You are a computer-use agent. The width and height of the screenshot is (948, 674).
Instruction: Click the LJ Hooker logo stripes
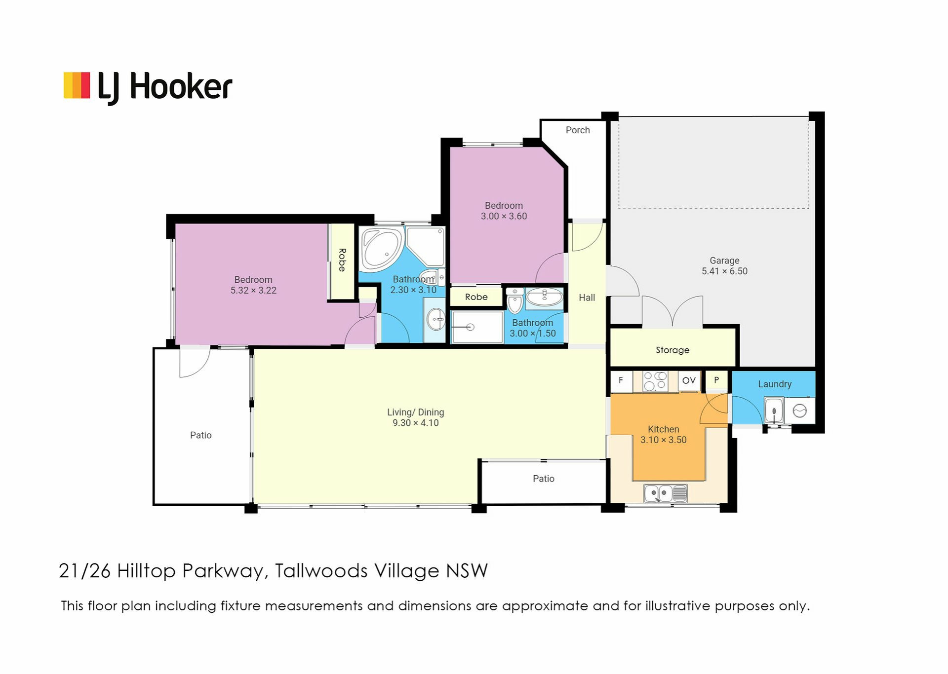pyautogui.click(x=77, y=85)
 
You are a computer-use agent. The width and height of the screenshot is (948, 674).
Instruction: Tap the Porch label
pyautogui.click(x=577, y=130)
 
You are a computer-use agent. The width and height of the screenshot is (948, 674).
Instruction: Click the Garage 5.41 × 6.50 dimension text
pyautogui.click(x=724, y=271)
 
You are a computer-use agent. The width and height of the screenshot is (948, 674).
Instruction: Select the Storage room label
pyautogui.click(x=672, y=350)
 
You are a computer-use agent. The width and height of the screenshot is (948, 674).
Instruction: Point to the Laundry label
pyautogui.click(x=774, y=384)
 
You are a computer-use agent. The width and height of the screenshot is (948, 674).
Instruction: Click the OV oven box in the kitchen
pyautogui.click(x=689, y=381)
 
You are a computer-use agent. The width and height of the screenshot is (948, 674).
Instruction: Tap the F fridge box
pyautogui.click(x=621, y=380)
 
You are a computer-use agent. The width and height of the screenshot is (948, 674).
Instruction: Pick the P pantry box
pyautogui.click(x=716, y=380)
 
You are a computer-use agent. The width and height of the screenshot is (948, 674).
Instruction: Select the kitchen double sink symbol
pyautogui.click(x=665, y=493)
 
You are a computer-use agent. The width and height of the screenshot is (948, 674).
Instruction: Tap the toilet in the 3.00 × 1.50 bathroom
pyautogui.click(x=514, y=301)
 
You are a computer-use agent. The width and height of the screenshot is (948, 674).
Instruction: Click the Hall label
pyautogui.click(x=587, y=298)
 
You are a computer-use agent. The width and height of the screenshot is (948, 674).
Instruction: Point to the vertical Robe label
pyautogui.click(x=342, y=260)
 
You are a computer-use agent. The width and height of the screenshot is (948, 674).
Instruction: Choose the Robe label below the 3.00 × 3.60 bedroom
pyautogui.click(x=476, y=297)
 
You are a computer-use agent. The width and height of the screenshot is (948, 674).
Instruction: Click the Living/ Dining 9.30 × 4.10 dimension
pyautogui.click(x=415, y=423)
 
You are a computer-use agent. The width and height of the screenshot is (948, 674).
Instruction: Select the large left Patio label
pyautogui.click(x=200, y=435)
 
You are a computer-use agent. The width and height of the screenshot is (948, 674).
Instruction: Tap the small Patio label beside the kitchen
pyautogui.click(x=543, y=479)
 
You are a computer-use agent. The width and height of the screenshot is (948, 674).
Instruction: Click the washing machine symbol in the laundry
pyautogui.click(x=799, y=411)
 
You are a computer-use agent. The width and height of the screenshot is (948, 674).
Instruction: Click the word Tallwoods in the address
pyautogui.click(x=321, y=571)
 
